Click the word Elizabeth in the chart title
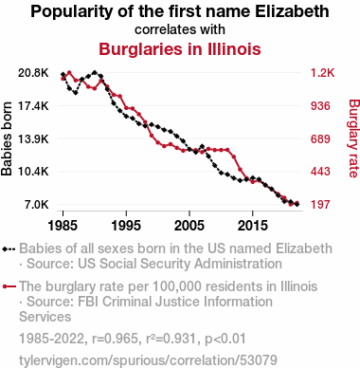(x=292, y=11)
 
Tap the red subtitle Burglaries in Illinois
(x=180, y=49)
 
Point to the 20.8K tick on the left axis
(x=33, y=73)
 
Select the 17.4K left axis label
(x=33, y=106)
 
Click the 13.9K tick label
(x=33, y=138)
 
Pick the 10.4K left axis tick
(x=33, y=172)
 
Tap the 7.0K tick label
(x=37, y=204)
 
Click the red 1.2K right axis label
(x=322, y=73)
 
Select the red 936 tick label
(x=320, y=106)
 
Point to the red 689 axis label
(x=320, y=138)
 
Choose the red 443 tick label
(x=320, y=172)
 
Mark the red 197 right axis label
(x=320, y=204)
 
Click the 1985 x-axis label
(x=63, y=226)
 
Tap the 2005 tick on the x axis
(x=189, y=226)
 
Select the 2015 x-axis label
(x=253, y=226)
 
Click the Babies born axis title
(x=7, y=138)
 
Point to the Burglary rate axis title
(x=354, y=138)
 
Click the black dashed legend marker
(x=9, y=249)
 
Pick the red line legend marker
(x=9, y=286)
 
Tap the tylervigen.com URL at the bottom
(x=148, y=360)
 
